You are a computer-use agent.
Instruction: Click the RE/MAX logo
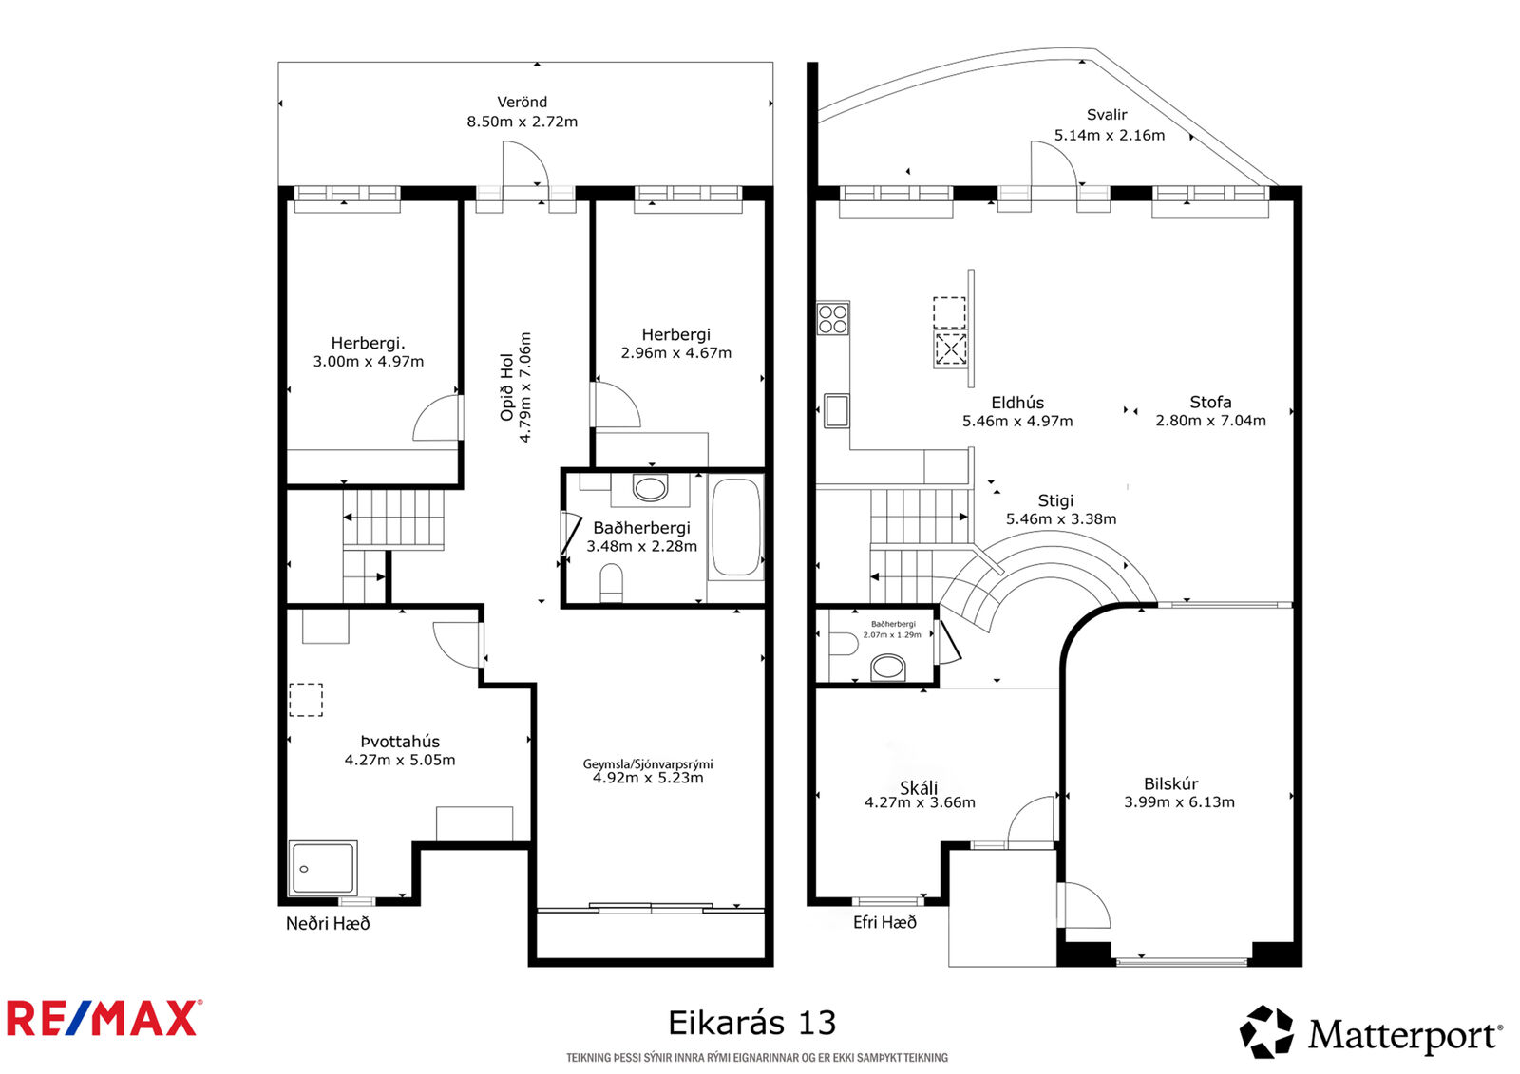pos(104,1019)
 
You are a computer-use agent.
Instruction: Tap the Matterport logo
pos(1370,1032)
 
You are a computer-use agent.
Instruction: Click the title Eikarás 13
pos(751,1023)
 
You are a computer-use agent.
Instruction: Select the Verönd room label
pos(522,102)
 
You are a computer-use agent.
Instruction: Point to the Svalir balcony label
pos(1107,115)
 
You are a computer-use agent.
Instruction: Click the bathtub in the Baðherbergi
pos(736,528)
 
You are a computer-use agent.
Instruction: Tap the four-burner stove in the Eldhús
pos(833,318)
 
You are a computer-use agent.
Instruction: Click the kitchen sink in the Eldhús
pos(837,410)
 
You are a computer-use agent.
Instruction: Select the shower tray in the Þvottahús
pos(323,868)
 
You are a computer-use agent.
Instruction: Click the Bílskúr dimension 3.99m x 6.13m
pos(1179,802)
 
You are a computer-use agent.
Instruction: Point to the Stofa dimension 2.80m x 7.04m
pos(1210,421)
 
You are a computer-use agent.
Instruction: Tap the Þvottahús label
pos(400,742)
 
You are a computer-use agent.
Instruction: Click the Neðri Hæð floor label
pos(328,923)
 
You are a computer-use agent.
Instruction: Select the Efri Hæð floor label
pos(884,922)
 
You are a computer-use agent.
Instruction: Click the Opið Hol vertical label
pos(507,387)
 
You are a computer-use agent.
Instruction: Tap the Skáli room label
pos(919,787)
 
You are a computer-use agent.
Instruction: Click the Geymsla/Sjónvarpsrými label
pos(648,763)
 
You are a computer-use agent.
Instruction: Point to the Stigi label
pos(1055,500)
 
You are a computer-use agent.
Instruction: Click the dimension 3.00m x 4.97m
pos(369,362)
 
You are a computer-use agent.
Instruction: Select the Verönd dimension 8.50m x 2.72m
pos(522,122)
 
